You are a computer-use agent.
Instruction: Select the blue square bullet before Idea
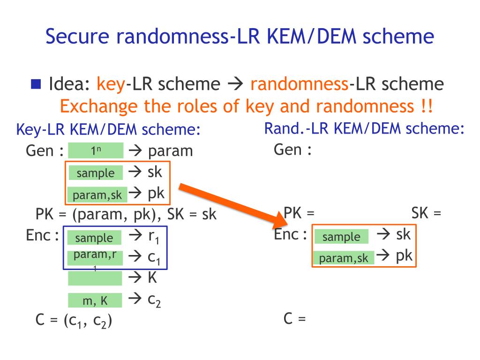pyautogui.click(x=36, y=84)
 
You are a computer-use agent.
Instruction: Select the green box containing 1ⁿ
pyautogui.click(x=96, y=151)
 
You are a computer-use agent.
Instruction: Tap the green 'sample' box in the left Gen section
pyautogui.click(x=96, y=173)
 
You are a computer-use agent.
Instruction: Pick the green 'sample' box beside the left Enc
pyautogui.click(x=94, y=238)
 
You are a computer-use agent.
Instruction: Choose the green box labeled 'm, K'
pyautogui.click(x=95, y=300)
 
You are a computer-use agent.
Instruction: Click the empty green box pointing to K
pyautogui.click(x=95, y=279)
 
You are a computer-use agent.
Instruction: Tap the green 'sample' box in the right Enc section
pyautogui.click(x=341, y=237)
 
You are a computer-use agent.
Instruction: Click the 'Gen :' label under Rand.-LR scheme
pyautogui.click(x=293, y=150)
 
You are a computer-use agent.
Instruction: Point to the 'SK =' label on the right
pyautogui.click(x=427, y=214)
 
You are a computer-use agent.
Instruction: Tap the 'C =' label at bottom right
pyautogui.click(x=295, y=320)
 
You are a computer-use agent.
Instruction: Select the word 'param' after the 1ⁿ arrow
pyautogui.click(x=171, y=151)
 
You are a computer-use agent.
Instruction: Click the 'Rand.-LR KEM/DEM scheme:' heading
pyautogui.click(x=365, y=128)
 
